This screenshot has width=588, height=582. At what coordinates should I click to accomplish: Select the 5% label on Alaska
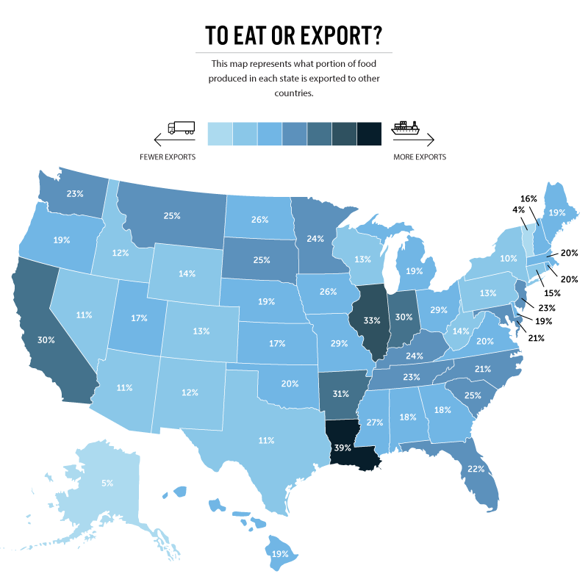pos(107,483)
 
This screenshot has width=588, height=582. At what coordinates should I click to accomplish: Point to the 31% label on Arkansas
pos(340,393)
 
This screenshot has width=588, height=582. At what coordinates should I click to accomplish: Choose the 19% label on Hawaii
pos(279,553)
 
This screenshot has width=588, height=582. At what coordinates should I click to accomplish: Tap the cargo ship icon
pos(406,127)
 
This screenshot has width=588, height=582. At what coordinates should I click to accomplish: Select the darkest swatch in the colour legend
pos(370,133)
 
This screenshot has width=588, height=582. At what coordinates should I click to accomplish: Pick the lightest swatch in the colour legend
pos(220,133)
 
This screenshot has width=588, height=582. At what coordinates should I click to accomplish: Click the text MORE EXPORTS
pos(420,157)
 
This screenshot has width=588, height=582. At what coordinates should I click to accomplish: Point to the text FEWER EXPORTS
pos(168,157)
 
